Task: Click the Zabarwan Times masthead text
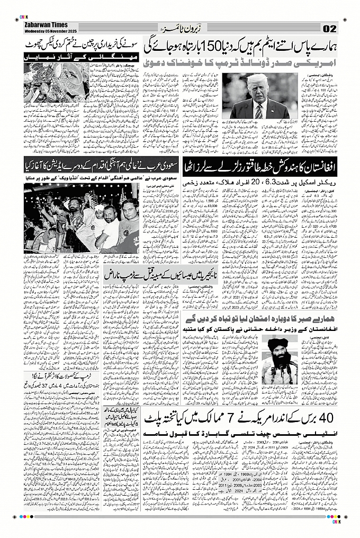(x=44, y=24)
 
